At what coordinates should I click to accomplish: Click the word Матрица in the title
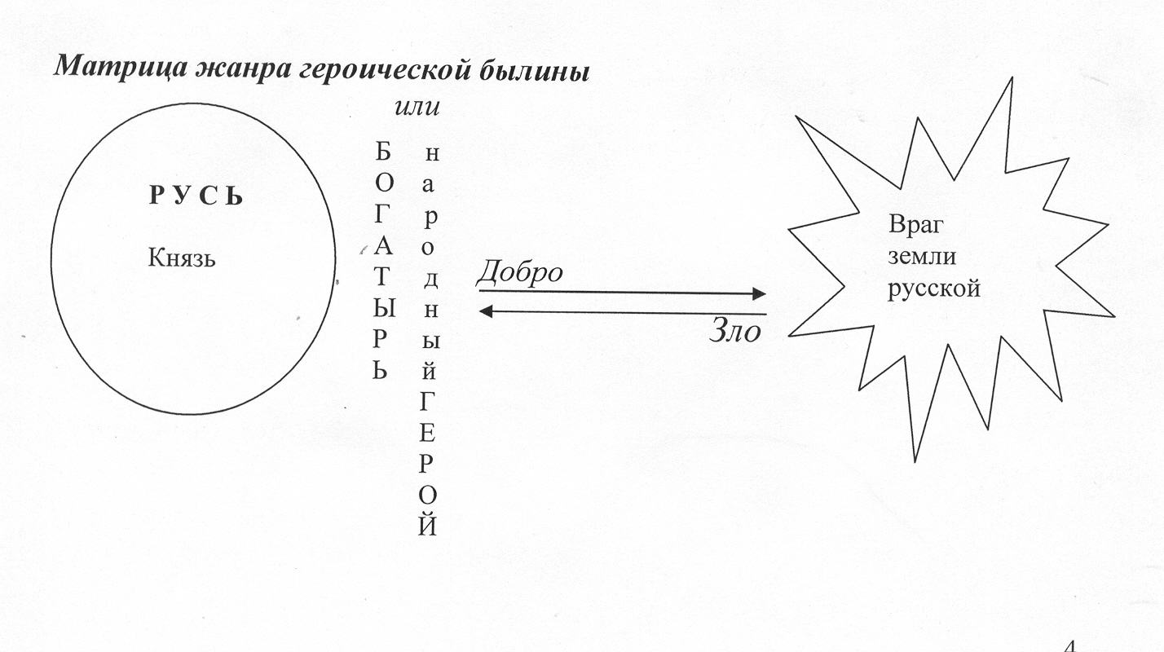(121, 68)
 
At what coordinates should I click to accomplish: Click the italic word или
(417, 107)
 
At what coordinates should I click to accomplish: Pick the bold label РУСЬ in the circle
(196, 196)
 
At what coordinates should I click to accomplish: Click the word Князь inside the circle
(181, 258)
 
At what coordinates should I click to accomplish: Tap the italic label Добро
(520, 272)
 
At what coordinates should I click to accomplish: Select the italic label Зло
(735, 330)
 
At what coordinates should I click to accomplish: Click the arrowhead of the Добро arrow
(759, 293)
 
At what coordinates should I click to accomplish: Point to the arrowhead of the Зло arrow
(485, 311)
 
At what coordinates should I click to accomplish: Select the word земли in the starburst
(922, 257)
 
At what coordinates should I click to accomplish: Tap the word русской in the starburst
(934, 289)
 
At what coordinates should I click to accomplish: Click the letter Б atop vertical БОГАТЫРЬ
(382, 152)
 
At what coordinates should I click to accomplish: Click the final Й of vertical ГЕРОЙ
(427, 525)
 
